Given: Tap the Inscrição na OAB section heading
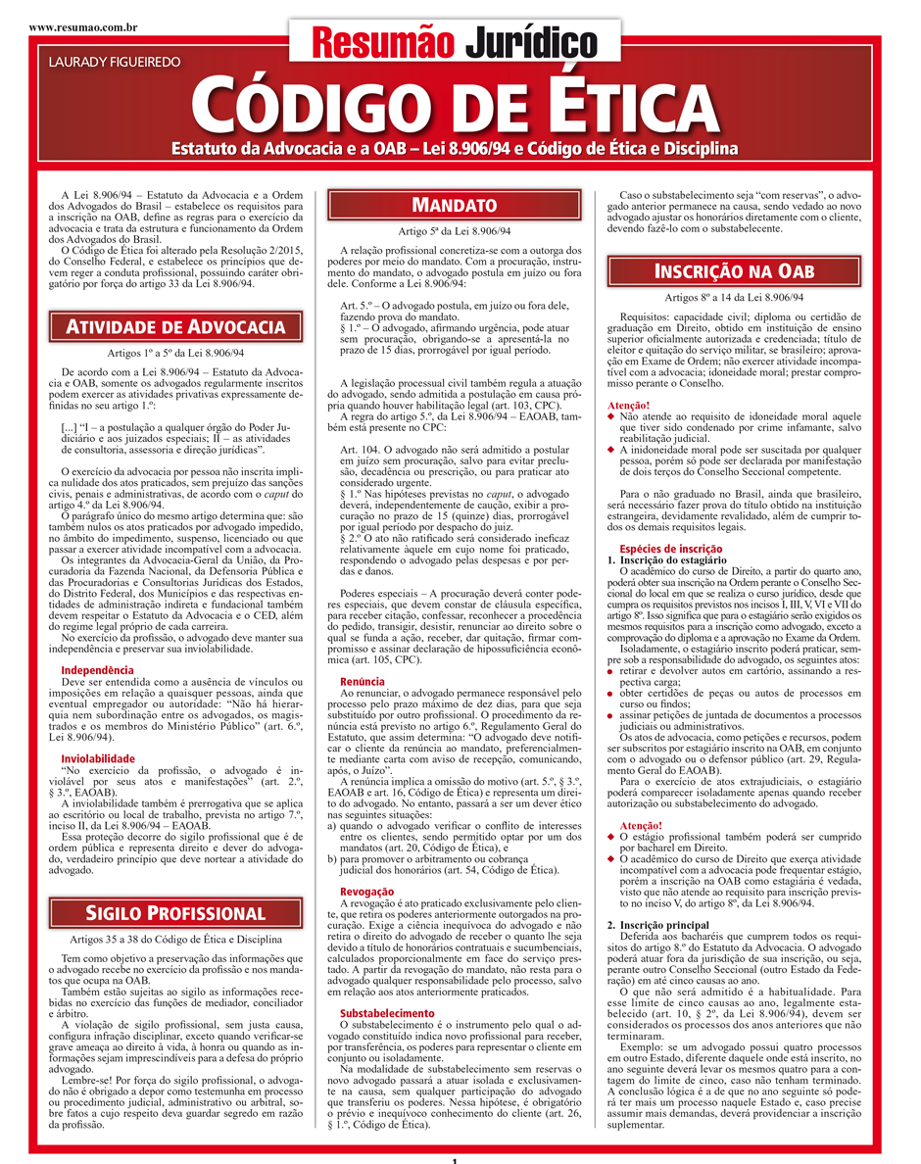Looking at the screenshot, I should coord(734,270).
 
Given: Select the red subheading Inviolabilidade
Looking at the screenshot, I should coord(98,758).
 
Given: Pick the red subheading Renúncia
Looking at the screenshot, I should coord(363,680).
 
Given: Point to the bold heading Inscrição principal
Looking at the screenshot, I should coord(657,925).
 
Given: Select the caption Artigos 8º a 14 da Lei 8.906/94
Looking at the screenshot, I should coord(734,297).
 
